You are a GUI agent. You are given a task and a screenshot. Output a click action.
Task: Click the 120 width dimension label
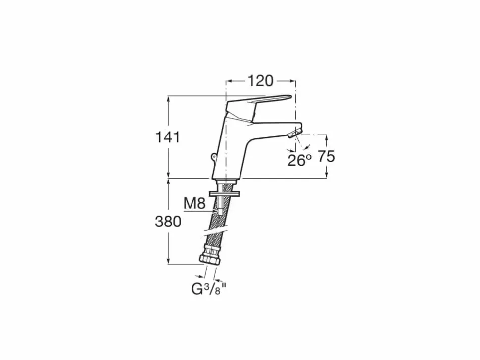[x=260, y=81]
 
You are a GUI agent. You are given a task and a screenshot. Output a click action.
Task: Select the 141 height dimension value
[x=168, y=137]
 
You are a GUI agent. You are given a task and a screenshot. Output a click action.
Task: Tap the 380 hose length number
[x=168, y=222]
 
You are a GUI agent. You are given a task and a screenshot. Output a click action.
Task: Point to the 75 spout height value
[x=326, y=157]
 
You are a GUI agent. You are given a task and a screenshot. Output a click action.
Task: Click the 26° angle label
[x=299, y=160]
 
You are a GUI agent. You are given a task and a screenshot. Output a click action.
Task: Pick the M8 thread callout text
[x=194, y=203]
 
